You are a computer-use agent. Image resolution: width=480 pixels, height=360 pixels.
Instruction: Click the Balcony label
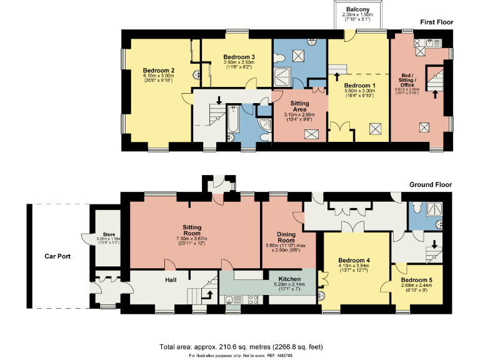click(358, 9)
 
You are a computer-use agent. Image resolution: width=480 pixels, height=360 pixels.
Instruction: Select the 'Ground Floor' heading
click(430, 185)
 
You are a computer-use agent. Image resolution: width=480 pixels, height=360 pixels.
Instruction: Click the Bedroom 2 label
click(158, 70)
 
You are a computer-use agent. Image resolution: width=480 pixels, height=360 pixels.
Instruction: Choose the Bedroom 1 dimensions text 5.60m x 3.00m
click(358, 91)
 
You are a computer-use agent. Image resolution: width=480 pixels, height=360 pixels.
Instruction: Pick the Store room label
click(102, 234)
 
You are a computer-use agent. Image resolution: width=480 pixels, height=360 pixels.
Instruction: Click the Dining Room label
click(286, 237)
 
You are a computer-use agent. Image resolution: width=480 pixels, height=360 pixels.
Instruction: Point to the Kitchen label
click(287, 278)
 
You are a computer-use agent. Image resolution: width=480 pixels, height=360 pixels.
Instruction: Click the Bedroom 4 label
click(354, 260)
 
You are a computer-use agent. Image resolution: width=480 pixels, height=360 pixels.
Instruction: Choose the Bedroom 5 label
click(416, 279)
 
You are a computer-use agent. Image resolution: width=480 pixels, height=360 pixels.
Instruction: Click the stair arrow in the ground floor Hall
click(209, 294)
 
